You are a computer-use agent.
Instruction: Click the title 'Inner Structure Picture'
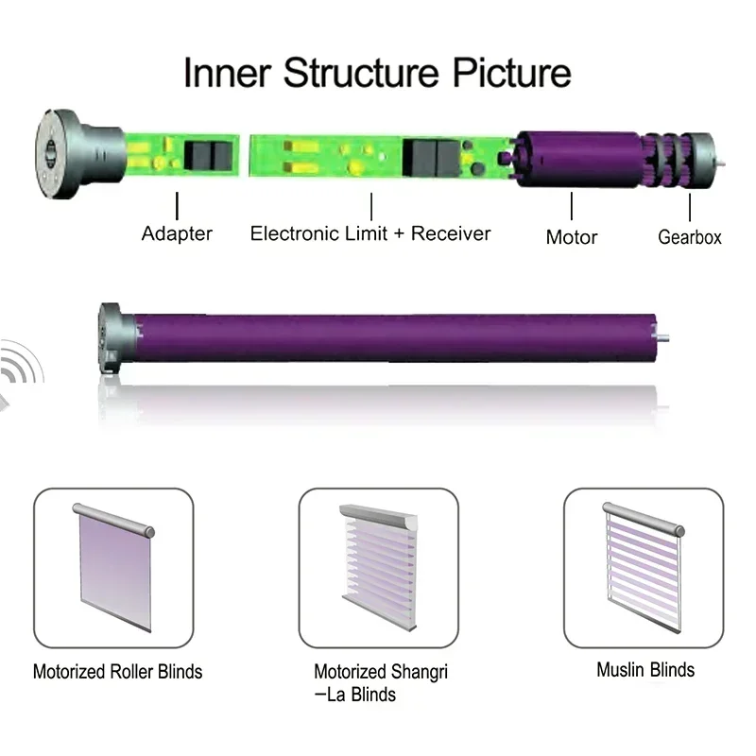pos(377,73)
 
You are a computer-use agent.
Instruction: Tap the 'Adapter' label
pos(177,233)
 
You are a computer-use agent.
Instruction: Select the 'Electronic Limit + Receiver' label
pos(370,233)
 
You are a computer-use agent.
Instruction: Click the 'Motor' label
pos(572,236)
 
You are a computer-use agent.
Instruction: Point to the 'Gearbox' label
pos(690,237)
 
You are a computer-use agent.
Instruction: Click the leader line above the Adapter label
pos(177,207)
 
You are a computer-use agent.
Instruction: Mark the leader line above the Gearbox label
pos(691,207)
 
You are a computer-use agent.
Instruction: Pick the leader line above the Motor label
pos(572,207)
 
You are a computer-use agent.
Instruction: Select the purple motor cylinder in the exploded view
pos(576,155)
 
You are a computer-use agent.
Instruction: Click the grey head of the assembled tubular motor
pos(113,340)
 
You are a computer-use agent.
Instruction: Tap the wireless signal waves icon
pos(19,371)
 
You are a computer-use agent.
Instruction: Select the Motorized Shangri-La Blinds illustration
pos(379,565)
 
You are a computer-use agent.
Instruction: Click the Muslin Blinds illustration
pos(644,565)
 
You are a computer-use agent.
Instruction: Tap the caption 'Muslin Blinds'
pos(645,670)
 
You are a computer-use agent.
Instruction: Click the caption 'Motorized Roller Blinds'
pos(117,672)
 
